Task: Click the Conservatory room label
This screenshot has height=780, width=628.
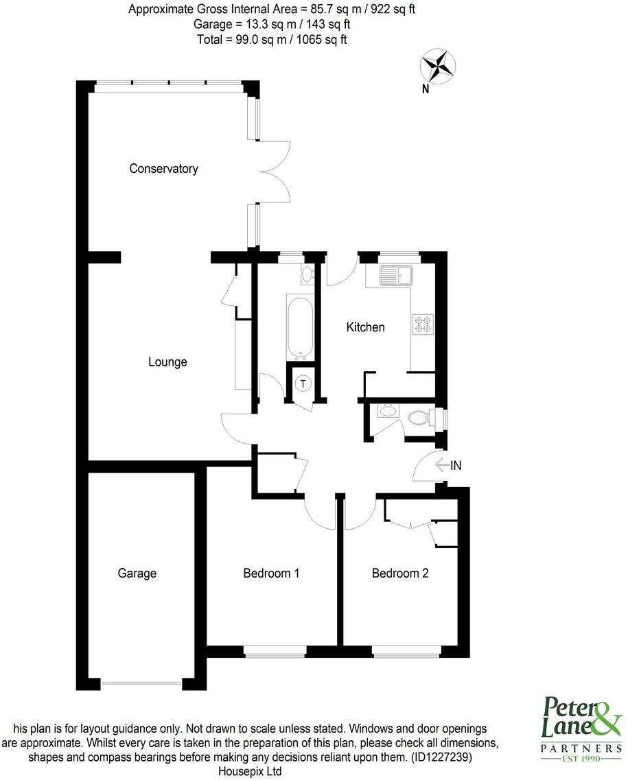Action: (163, 169)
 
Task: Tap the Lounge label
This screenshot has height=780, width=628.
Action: (167, 362)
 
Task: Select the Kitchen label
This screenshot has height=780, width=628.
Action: (365, 327)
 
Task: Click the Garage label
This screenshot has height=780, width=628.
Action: (137, 573)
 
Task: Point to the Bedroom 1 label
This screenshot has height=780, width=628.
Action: (271, 573)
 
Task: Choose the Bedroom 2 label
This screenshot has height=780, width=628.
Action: (400, 573)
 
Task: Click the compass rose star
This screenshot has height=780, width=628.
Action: (438, 65)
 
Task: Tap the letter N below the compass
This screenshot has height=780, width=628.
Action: (426, 88)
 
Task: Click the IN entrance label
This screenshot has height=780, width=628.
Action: (456, 466)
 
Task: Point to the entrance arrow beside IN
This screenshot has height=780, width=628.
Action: (442, 466)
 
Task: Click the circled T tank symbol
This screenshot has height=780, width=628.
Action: (303, 384)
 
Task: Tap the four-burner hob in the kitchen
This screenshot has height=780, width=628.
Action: (421, 324)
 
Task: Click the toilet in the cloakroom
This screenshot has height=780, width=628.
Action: (419, 417)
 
